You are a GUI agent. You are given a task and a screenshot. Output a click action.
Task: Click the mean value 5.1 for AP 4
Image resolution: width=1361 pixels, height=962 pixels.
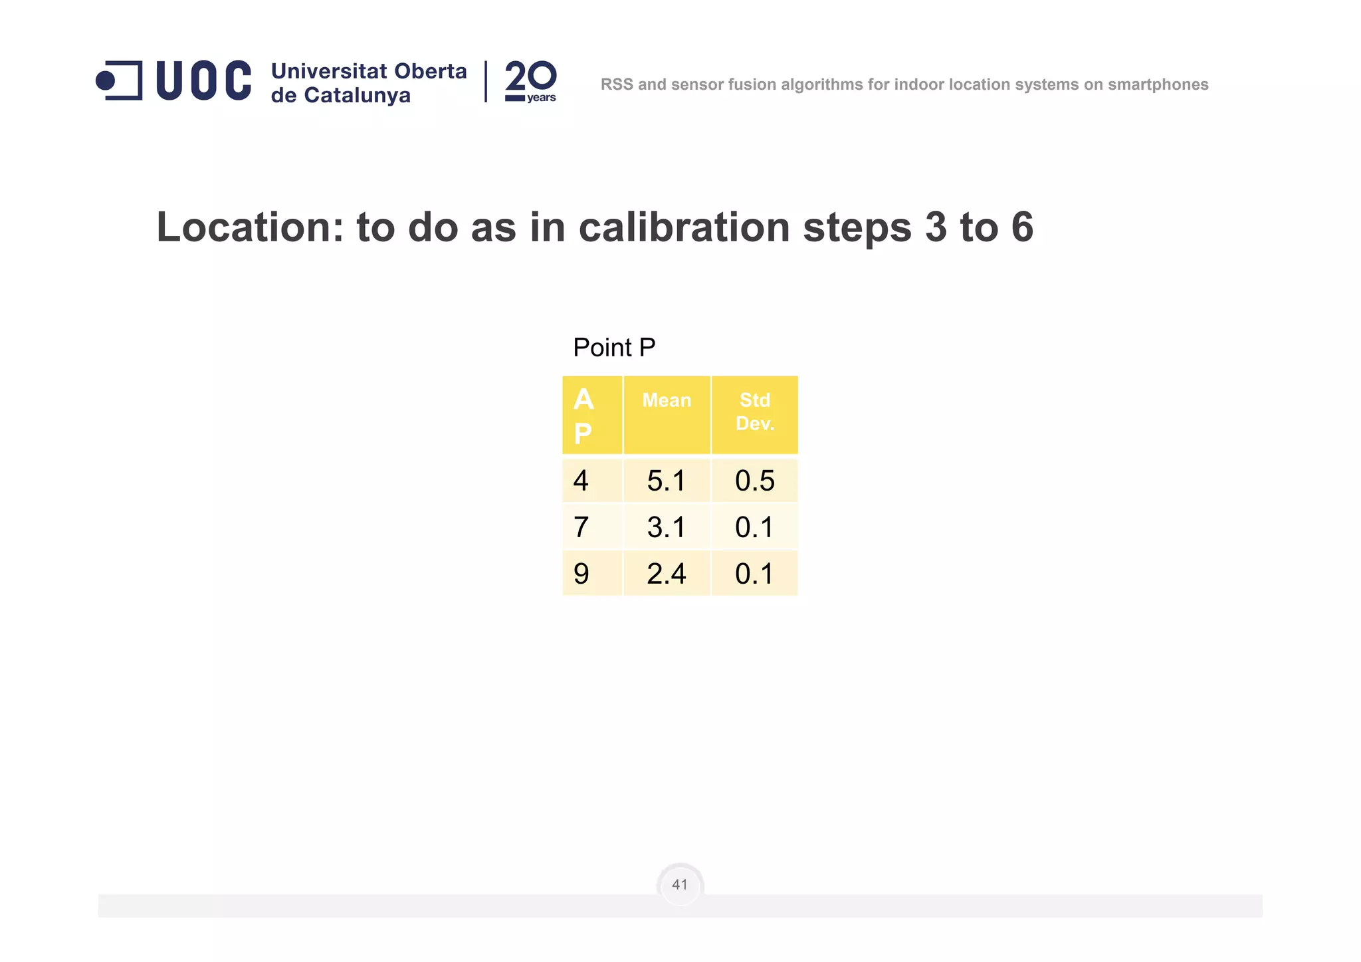(x=666, y=481)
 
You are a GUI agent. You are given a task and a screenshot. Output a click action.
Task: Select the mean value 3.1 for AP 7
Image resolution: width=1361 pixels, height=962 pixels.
(x=666, y=527)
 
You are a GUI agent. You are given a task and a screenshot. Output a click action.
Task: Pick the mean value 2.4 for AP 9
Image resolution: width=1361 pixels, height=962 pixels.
(x=666, y=574)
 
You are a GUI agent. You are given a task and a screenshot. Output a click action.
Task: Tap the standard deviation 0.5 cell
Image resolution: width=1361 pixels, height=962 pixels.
(x=754, y=481)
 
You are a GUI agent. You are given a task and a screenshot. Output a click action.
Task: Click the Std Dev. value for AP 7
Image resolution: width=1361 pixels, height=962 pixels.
(x=754, y=527)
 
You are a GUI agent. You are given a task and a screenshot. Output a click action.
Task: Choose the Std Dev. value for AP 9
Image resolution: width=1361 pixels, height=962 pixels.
(x=754, y=574)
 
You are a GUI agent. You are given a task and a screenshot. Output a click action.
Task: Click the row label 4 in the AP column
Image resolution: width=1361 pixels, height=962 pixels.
(x=581, y=481)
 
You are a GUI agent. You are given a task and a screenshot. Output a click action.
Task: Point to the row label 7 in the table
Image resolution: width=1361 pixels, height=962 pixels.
(x=581, y=527)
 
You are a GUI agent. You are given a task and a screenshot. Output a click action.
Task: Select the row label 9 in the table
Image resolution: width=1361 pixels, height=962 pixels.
(x=581, y=574)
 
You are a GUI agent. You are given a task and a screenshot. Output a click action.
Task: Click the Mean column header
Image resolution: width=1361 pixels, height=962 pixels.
(x=667, y=400)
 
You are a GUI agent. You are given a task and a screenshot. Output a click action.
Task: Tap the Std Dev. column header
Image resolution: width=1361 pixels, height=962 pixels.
(x=755, y=412)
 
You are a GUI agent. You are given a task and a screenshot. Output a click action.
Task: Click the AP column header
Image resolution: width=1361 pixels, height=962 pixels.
(x=583, y=416)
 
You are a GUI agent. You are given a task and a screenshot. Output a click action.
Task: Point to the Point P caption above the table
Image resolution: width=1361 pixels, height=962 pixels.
(x=614, y=348)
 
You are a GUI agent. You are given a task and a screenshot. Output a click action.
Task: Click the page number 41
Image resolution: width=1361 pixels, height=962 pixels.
(x=680, y=884)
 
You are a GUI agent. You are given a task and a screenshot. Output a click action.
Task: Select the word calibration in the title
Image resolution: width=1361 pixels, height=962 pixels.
(x=685, y=227)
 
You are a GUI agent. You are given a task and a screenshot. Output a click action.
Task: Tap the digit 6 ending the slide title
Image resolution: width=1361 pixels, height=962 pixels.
(x=1022, y=227)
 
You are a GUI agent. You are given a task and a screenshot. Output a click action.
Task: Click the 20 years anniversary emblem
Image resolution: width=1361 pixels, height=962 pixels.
(x=530, y=82)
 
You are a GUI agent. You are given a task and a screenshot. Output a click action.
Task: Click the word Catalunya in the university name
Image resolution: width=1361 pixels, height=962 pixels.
(x=357, y=96)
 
